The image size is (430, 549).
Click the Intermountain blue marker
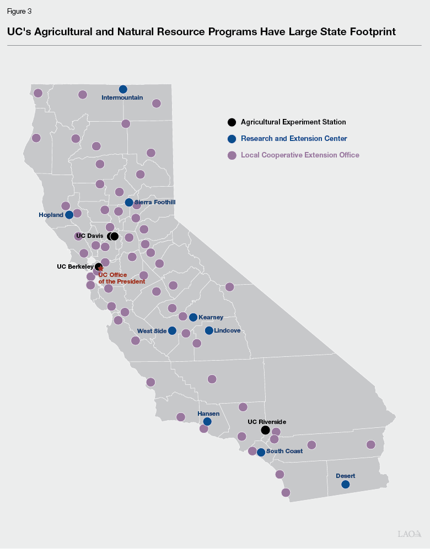pos(123,89)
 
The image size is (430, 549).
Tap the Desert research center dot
pos(345,485)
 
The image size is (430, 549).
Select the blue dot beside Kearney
pos(193,317)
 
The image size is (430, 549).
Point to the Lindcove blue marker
pos(209,330)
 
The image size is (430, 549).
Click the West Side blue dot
pos(172,330)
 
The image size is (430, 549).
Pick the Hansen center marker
pos(207,422)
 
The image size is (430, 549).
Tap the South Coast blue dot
pos(261,452)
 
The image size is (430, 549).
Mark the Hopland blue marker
pos(69,215)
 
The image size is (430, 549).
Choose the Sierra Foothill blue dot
pos(129,203)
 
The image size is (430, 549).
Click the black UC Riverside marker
pos(265,430)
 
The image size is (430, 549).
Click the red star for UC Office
pos(100,269)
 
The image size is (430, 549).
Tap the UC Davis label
pos(89,236)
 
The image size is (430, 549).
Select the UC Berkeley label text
pos(75,267)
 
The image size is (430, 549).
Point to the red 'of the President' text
pos(122,281)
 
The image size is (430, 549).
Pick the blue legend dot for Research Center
pos(232,139)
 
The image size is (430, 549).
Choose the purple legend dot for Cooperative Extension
pos(232,155)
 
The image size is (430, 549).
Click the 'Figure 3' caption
pos(19,11)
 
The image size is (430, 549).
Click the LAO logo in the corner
pos(410,534)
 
